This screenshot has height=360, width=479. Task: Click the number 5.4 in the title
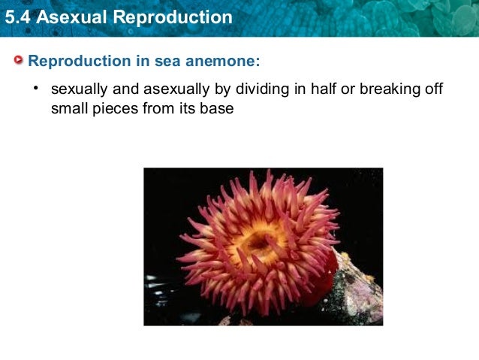click(x=17, y=17)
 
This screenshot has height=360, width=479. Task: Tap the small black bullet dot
click(x=35, y=89)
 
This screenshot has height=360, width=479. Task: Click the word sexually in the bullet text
click(x=78, y=91)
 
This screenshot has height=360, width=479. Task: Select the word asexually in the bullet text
click(x=174, y=91)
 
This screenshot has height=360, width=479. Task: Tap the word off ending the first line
click(x=434, y=91)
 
